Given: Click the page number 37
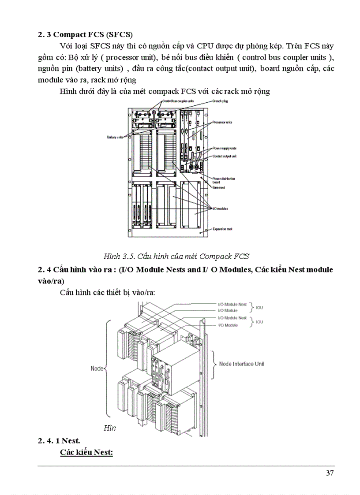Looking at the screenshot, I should [x=330, y=473].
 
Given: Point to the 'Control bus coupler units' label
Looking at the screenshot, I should [x=178, y=101].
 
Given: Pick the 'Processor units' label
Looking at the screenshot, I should [x=222, y=122].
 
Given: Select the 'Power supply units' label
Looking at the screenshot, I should [x=225, y=149].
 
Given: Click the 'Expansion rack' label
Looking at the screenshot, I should [x=222, y=230].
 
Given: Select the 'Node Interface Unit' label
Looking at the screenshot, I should [x=241, y=364].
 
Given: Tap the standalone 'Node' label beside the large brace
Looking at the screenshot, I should [x=97, y=368].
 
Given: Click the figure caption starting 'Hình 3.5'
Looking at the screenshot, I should [x=176, y=256].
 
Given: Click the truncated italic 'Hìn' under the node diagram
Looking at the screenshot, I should [x=109, y=428].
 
